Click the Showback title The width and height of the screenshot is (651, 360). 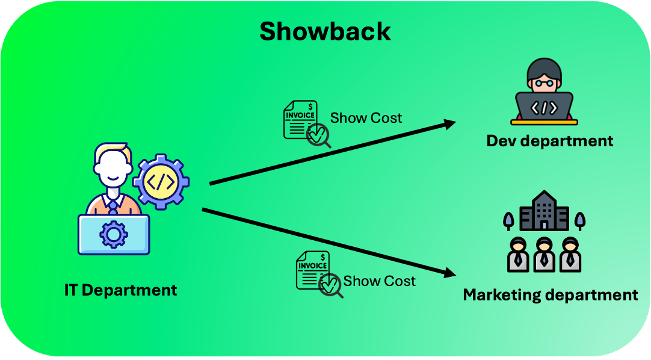(x=325, y=31)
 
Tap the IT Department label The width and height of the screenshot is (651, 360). (x=120, y=290)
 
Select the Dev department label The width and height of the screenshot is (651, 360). (x=550, y=141)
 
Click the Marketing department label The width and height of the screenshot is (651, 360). (x=550, y=295)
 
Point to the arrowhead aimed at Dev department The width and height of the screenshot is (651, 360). (x=449, y=124)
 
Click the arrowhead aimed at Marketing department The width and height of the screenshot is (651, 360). (x=449, y=273)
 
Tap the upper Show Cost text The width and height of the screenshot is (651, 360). (x=366, y=118)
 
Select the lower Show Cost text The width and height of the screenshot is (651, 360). (x=379, y=281)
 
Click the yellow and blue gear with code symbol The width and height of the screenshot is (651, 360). (x=161, y=181)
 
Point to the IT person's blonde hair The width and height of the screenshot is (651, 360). (x=112, y=151)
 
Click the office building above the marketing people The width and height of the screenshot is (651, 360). (x=544, y=211)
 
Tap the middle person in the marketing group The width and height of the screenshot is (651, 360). (x=544, y=253)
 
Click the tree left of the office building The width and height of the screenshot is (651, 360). (x=509, y=220)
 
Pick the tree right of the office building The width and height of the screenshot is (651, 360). (x=579, y=220)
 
